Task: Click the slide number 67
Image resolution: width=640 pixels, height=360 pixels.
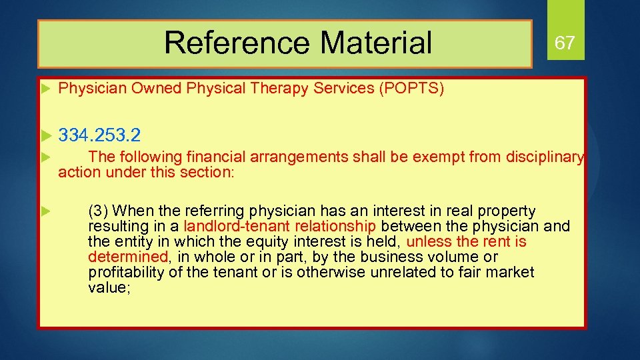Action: point(565,43)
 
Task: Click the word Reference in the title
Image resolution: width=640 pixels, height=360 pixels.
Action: point(237,43)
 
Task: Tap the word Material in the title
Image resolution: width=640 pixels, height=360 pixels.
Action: point(376,43)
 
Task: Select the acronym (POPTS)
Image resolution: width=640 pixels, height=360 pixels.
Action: point(411,89)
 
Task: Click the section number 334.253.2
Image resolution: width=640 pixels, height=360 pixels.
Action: point(99,135)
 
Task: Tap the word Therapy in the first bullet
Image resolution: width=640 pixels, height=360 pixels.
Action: point(277,89)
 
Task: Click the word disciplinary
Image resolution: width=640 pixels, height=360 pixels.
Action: point(543,157)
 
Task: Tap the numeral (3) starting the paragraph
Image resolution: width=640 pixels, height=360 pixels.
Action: point(98,211)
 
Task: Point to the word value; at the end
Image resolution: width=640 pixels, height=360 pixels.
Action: point(107,288)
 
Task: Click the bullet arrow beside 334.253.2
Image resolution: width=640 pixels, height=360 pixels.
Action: point(46,136)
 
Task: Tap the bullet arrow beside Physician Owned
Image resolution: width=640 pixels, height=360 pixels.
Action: point(46,89)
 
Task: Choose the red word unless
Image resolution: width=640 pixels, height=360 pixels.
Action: point(427,242)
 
